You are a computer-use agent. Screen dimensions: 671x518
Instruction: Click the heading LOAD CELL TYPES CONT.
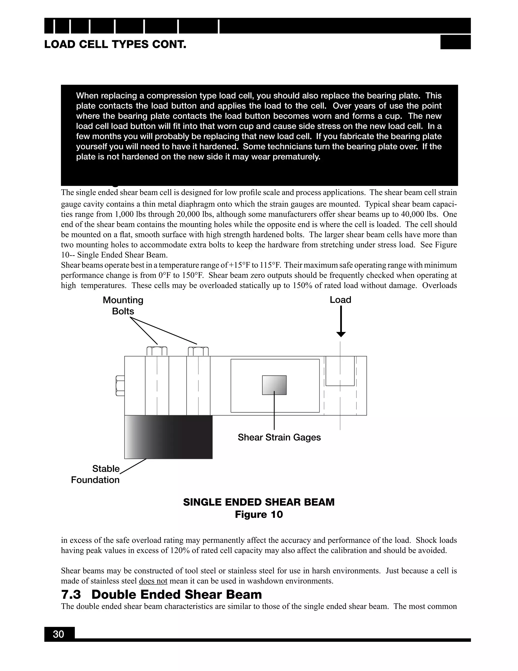tap(115, 45)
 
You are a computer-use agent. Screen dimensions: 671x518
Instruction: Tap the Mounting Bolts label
tap(123, 305)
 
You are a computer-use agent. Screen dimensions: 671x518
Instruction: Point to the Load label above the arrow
tap(340, 300)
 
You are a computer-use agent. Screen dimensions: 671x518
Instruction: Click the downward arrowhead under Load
tap(341, 334)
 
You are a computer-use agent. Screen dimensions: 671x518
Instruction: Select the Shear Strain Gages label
tap(279, 437)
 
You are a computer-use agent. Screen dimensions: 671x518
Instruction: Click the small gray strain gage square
tap(274, 385)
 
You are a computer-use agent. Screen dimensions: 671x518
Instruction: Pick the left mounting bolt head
tap(157, 351)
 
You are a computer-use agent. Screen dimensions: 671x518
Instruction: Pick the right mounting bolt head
tap(198, 351)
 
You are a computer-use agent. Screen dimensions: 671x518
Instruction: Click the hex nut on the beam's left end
tap(120, 386)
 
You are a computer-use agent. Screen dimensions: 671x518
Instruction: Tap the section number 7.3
tap(71, 595)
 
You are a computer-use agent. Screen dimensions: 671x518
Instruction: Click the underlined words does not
tap(153, 581)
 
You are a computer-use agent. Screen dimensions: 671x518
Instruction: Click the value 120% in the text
tap(180, 550)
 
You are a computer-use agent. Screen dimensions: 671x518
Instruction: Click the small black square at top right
tap(455, 42)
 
